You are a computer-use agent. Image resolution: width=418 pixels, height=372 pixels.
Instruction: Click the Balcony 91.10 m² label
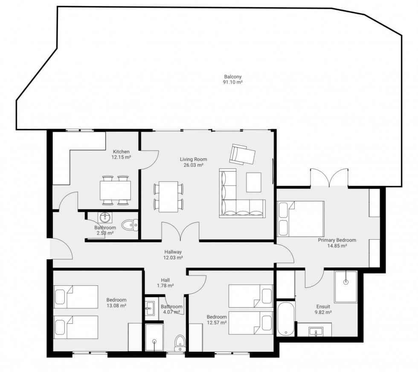pyautogui.click(x=233, y=79)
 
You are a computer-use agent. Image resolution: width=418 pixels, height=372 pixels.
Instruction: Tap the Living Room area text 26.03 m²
pyautogui.click(x=194, y=165)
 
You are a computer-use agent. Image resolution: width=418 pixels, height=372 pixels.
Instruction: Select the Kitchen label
pyautogui.click(x=121, y=152)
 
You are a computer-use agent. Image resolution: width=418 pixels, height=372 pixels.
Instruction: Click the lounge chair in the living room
pyautogui.click(x=242, y=154)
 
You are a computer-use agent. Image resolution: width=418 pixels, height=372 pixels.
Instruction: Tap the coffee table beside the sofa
pyautogui.click(x=253, y=182)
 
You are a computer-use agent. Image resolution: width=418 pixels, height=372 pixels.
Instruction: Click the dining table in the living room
pyautogui.click(x=168, y=197)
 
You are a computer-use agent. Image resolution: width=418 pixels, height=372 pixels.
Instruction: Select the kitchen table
pyautogui.click(x=116, y=190)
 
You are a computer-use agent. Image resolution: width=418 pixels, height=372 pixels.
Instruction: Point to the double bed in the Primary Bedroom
pyautogui.click(x=301, y=219)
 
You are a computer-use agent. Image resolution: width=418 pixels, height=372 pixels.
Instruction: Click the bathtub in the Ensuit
pyautogui.click(x=286, y=319)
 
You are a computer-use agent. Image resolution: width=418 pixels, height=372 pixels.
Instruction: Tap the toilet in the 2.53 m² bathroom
pyautogui.click(x=130, y=225)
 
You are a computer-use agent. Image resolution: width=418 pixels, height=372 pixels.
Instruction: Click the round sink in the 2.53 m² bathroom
pyautogui.click(x=105, y=218)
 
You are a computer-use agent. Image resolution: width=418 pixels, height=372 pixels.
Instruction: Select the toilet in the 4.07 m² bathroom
pyautogui.click(x=180, y=343)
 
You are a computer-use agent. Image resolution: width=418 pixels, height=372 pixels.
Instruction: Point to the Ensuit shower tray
pyautogui.click(x=346, y=287)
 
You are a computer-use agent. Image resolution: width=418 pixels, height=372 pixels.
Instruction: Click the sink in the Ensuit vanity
pyautogui.click(x=316, y=332)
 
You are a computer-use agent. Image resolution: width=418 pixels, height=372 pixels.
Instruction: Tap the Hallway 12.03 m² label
pyautogui.click(x=173, y=255)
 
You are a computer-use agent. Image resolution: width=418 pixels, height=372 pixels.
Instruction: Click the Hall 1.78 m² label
pyautogui.click(x=165, y=283)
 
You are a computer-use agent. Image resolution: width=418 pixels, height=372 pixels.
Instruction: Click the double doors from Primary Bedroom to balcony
pyautogui.click(x=329, y=177)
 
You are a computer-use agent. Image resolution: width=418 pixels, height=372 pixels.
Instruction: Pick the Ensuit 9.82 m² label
pyautogui.click(x=323, y=309)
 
